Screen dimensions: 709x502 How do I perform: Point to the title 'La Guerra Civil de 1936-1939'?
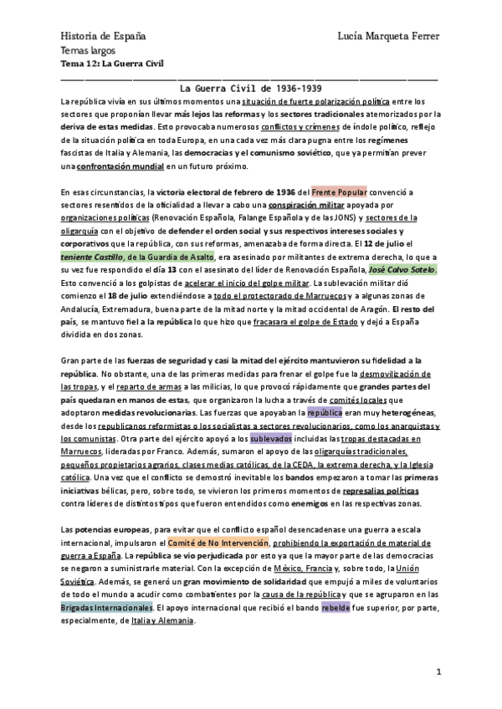[252, 87]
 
